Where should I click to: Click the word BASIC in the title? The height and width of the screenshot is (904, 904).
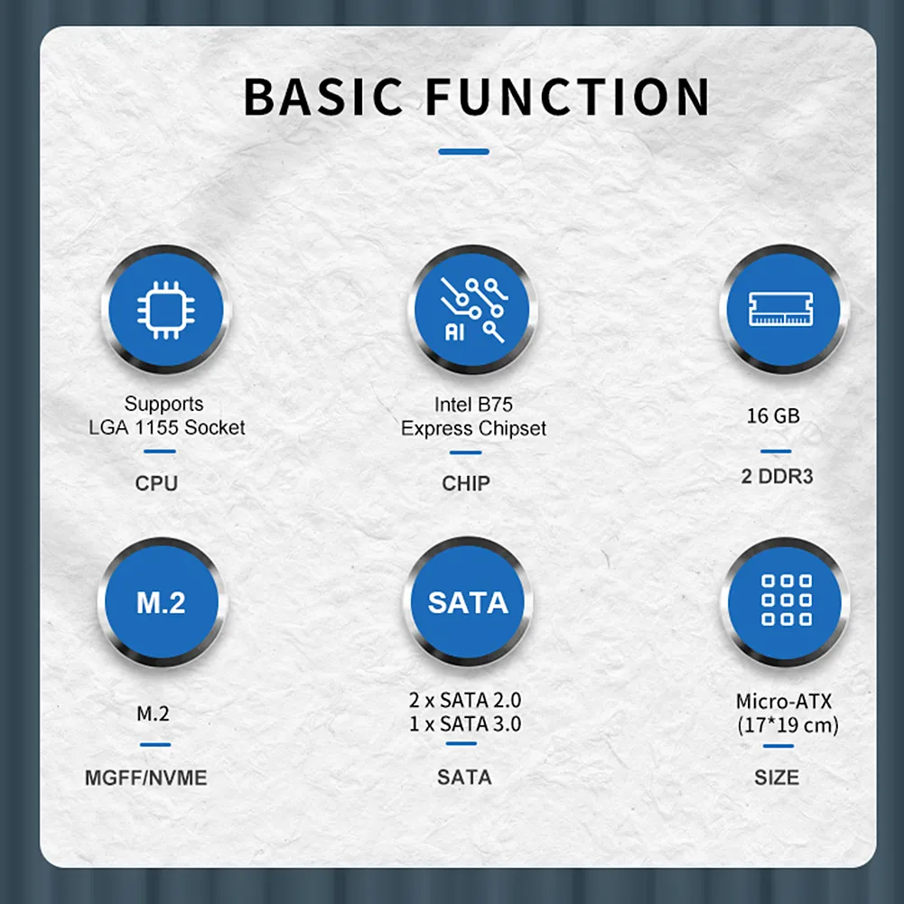323,97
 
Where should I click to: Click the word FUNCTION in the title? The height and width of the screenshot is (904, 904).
567,97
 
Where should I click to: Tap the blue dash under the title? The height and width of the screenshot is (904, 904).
463,152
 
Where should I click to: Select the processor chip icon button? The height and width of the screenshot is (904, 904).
166,310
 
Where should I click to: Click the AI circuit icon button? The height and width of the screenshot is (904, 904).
472,310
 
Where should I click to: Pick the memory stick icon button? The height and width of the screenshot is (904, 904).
784,310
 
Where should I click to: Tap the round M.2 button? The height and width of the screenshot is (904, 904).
162,602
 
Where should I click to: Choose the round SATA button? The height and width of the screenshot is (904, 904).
468,602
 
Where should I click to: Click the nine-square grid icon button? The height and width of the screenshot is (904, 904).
785,602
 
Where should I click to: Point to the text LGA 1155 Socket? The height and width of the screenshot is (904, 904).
166,428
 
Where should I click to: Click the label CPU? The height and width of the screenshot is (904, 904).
156,483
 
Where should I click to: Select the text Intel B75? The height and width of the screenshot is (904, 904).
473,405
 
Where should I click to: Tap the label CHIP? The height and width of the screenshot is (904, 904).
466,483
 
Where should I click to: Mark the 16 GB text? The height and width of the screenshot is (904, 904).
773,415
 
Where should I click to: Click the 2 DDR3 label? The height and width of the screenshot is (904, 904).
778,477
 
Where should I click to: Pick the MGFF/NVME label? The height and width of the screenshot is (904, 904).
146,778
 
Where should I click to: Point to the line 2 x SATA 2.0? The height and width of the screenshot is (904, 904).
465,701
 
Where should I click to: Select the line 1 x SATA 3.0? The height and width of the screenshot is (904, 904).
465,724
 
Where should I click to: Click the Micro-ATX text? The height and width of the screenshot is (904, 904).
784,702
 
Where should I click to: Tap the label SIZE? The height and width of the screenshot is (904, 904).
777,778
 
